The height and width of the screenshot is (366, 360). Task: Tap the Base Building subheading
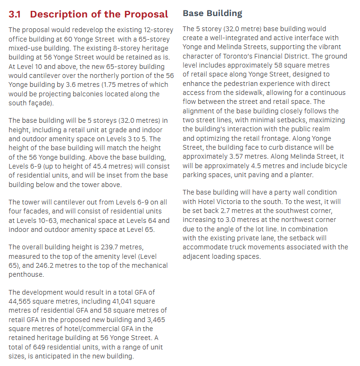pos(212,13)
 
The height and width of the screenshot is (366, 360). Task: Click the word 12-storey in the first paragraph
pos(157,30)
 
